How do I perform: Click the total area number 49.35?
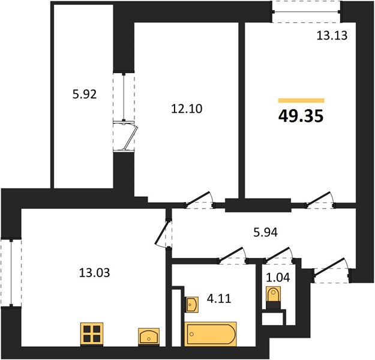(301, 116)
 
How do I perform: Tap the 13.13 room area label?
(332, 35)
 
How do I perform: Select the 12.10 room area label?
(187, 109)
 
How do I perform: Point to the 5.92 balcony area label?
(85, 94)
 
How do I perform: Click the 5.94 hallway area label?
(265, 232)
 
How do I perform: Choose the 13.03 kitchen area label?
(94, 272)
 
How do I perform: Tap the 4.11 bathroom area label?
(219, 299)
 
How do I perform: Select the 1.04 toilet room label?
(278, 277)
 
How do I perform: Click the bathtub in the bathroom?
(211, 334)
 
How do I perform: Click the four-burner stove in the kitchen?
(92, 334)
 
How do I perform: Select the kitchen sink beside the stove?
(149, 337)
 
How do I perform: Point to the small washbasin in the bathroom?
(191, 305)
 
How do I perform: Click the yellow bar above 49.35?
(301, 100)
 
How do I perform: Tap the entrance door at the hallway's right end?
(332, 270)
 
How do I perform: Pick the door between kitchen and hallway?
(163, 234)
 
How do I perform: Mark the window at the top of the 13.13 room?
(306, 12)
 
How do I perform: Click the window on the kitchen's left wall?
(11, 272)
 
